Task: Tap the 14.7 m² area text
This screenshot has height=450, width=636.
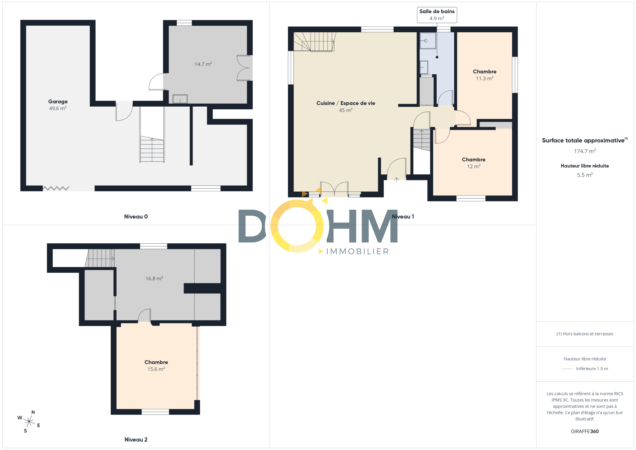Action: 203,64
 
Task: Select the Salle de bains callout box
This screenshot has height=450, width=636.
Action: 437,15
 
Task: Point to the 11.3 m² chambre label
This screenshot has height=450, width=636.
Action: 484,75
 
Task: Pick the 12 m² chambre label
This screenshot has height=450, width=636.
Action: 474,163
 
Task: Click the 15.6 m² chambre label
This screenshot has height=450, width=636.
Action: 156,365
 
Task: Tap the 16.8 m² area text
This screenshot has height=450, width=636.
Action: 154,278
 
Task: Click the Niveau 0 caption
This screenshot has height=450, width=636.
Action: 136,217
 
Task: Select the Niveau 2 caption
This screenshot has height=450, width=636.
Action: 136,439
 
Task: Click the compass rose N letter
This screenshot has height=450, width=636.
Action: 33,412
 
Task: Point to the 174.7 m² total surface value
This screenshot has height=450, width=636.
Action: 585,151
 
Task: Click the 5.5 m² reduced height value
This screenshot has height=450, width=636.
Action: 585,175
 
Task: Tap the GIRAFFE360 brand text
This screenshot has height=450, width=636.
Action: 585,431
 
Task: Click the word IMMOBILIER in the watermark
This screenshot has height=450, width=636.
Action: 357,251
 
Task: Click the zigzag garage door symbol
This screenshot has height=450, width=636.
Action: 56,188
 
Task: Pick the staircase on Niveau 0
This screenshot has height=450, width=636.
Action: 152,149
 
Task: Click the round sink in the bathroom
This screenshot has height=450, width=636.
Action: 426,41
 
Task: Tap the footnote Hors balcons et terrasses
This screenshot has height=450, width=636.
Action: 585,334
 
